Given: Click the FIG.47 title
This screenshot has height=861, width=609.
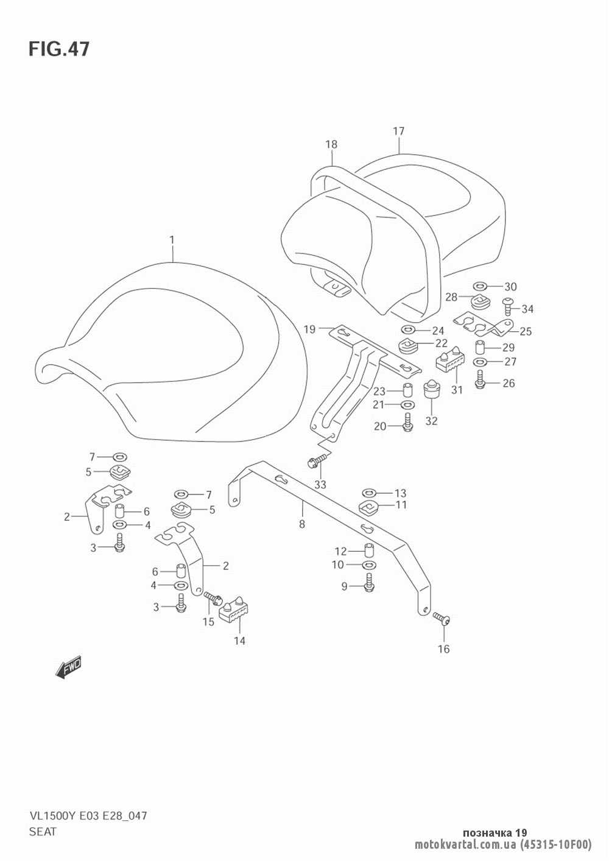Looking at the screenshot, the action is [59, 49].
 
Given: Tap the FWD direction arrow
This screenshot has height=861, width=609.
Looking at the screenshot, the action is [69, 666].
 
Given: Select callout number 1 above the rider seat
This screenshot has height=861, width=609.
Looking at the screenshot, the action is [172, 240].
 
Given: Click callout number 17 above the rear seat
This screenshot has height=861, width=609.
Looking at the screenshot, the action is [399, 132].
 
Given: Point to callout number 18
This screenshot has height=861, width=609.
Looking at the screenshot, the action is [331, 144].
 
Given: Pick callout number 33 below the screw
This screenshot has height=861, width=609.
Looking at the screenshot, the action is [320, 485].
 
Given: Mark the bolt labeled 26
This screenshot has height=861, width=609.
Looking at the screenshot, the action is [479, 379].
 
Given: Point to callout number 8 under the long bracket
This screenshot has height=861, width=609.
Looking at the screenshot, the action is [302, 524].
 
